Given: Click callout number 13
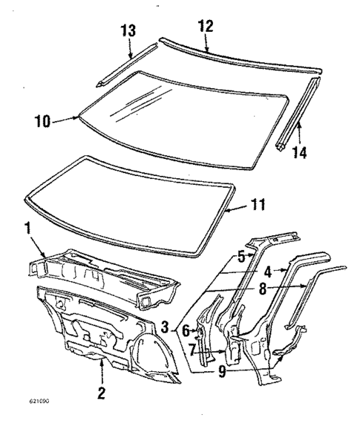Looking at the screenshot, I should tap(129, 31).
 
